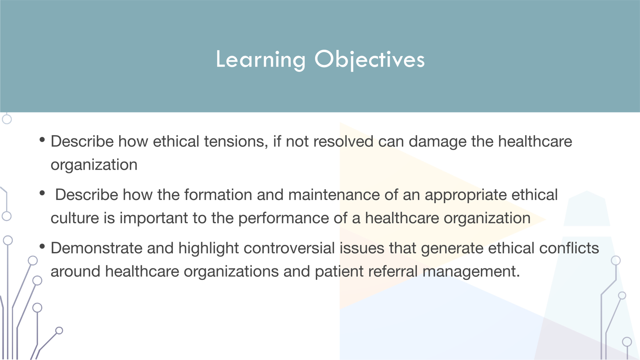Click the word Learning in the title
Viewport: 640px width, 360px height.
260,60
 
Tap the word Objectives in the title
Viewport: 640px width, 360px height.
369,60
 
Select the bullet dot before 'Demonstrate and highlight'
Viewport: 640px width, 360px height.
42,246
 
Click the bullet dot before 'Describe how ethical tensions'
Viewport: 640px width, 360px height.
42,140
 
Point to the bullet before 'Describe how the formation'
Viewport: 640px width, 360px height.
42,193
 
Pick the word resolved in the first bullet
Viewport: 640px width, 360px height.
343,142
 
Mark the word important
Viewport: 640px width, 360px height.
154,218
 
